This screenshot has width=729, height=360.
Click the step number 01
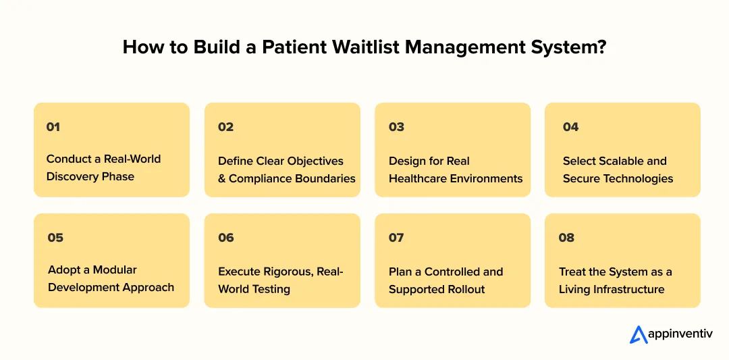click(x=53, y=126)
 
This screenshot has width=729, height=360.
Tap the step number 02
click(x=225, y=126)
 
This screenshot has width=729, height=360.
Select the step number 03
click(x=396, y=126)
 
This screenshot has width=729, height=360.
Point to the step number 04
click(x=570, y=126)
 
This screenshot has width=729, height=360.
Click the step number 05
click(x=55, y=237)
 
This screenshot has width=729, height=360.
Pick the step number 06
click(x=226, y=237)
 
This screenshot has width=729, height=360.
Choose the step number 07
click(x=396, y=237)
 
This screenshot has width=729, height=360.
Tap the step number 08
click(x=566, y=237)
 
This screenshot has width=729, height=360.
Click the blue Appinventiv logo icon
click(x=639, y=334)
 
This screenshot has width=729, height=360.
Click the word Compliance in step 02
click(x=261, y=179)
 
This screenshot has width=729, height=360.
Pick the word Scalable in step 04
click(x=618, y=161)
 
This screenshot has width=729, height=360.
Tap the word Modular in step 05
click(x=115, y=269)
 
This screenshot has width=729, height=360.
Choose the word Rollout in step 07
click(x=464, y=289)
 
